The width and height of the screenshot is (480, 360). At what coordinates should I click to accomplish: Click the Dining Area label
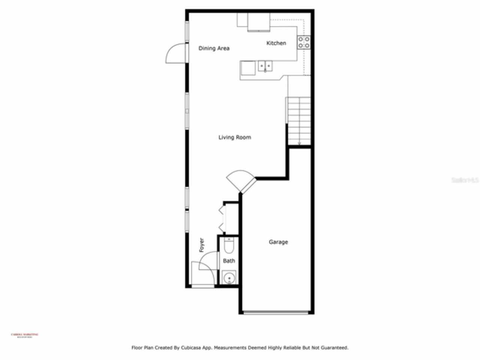[214, 48]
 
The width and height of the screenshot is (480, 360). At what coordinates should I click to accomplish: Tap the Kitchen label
[276, 43]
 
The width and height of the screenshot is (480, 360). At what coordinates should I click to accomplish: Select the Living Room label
[235, 137]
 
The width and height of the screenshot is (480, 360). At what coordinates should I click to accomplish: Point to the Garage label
[278, 242]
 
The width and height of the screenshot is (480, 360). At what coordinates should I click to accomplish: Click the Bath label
[229, 261]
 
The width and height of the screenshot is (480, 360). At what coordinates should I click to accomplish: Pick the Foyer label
[202, 245]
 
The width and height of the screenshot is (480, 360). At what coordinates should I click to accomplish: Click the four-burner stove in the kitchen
[304, 42]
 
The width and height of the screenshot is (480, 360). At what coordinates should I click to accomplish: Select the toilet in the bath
[228, 246]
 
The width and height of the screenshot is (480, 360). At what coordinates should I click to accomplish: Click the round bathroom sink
[228, 278]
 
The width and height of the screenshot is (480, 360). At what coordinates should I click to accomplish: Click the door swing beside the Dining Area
[176, 54]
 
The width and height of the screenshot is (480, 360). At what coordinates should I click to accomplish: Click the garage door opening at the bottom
[276, 312]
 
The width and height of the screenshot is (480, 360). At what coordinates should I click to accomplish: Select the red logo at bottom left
[24, 334]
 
